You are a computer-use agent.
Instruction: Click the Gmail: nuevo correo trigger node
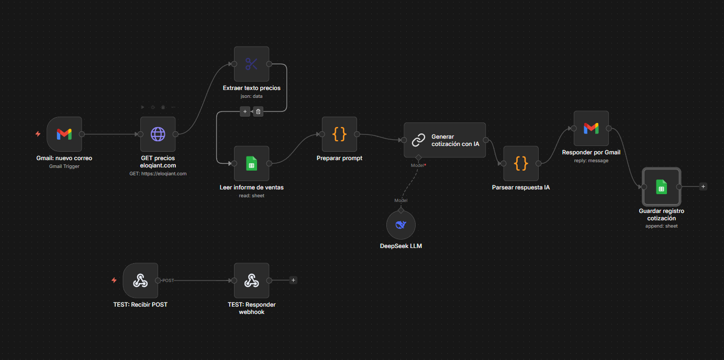click(x=64, y=134)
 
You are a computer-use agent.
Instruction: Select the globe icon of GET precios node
click(x=158, y=134)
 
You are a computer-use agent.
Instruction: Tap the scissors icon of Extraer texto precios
click(x=251, y=64)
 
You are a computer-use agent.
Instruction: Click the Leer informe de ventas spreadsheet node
click(x=251, y=164)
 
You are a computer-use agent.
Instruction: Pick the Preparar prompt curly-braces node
click(x=339, y=134)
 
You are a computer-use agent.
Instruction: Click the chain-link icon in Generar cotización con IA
click(x=418, y=140)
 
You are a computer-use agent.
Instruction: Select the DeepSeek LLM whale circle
click(x=401, y=225)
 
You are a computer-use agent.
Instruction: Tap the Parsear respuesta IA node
click(x=521, y=164)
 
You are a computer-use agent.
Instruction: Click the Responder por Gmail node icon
click(x=591, y=128)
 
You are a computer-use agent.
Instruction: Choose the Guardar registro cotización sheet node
click(x=661, y=187)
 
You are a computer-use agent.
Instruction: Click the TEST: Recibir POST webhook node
click(x=140, y=280)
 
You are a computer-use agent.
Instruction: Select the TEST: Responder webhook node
click(x=251, y=280)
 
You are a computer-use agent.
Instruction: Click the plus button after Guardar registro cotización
click(x=703, y=186)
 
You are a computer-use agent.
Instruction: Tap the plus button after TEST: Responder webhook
click(x=293, y=280)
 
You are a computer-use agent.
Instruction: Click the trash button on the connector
click(x=258, y=111)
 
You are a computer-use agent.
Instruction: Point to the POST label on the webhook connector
click(x=168, y=280)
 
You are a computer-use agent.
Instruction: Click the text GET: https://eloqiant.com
click(x=158, y=174)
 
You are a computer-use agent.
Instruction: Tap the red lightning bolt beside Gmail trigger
click(x=38, y=134)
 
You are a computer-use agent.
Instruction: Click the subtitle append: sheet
click(x=661, y=226)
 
